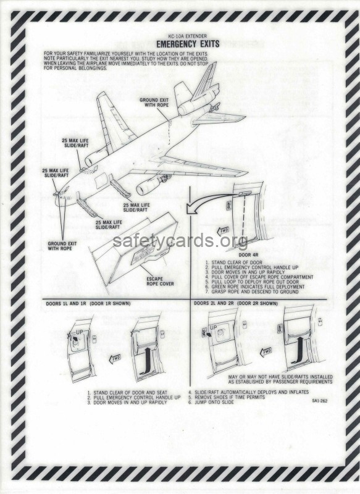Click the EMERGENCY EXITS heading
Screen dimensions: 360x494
(x=188, y=44)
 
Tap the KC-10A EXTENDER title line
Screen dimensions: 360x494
(x=188, y=36)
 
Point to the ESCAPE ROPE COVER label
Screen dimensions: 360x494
(x=160, y=282)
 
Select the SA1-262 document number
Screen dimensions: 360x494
(x=320, y=401)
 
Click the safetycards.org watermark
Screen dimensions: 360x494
(x=180, y=241)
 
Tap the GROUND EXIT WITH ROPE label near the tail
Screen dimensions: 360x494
(x=154, y=103)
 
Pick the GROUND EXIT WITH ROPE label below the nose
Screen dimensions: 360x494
(x=62, y=246)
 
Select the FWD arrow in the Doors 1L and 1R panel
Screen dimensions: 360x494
(x=114, y=359)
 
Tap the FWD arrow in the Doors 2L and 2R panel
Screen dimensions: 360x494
(x=266, y=351)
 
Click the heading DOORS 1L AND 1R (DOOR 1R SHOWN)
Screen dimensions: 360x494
(x=88, y=304)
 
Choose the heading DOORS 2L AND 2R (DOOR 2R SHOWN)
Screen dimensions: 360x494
(x=236, y=303)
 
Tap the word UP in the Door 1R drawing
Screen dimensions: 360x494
(x=80, y=332)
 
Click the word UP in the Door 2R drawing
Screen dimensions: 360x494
(x=214, y=328)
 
